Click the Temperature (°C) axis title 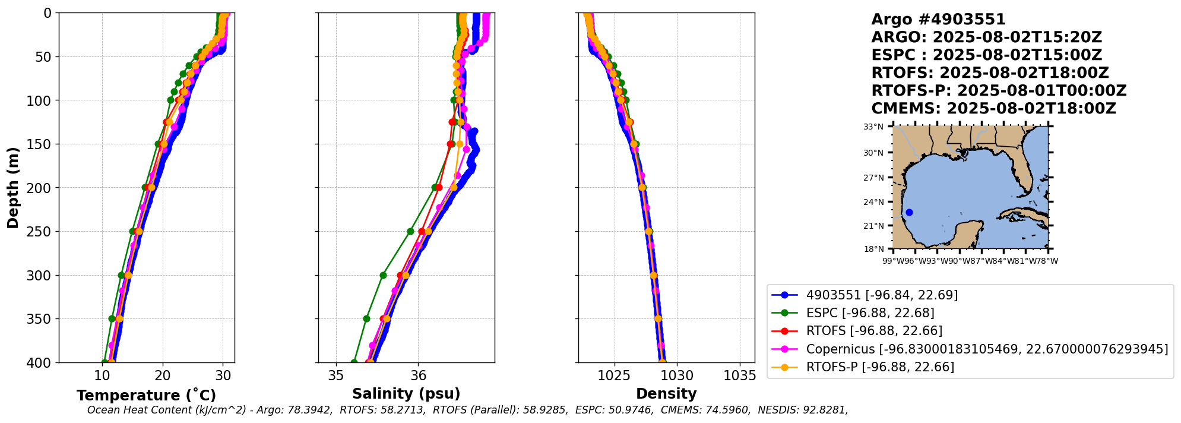[x=146, y=396]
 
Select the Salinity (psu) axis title [x=406, y=394]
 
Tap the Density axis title [x=666, y=394]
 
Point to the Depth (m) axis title [x=13, y=187]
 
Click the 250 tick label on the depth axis [x=40, y=232]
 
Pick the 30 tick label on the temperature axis [x=223, y=375]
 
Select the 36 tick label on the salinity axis [x=418, y=375]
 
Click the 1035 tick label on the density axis [x=740, y=375]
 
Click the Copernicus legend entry [x=970, y=349]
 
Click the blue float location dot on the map [x=909, y=212]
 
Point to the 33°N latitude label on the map [x=873, y=127]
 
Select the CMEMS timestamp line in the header [x=993, y=109]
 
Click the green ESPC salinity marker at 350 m [x=366, y=319]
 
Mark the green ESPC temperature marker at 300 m [x=121, y=275]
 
